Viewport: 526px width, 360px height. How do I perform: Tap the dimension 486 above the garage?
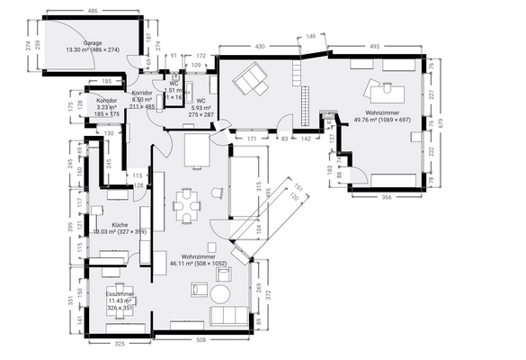coord(92,10)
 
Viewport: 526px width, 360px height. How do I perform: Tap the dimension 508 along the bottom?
coord(201,341)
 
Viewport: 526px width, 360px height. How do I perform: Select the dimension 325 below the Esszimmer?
coord(119,343)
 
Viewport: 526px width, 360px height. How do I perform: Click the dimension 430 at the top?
coord(260,45)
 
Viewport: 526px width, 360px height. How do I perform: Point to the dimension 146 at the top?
coord(311,36)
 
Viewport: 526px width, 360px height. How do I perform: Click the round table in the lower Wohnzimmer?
coord(219,294)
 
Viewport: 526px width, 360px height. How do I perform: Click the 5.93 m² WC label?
coord(201,105)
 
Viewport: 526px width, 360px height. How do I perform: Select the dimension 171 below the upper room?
coord(253,139)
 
